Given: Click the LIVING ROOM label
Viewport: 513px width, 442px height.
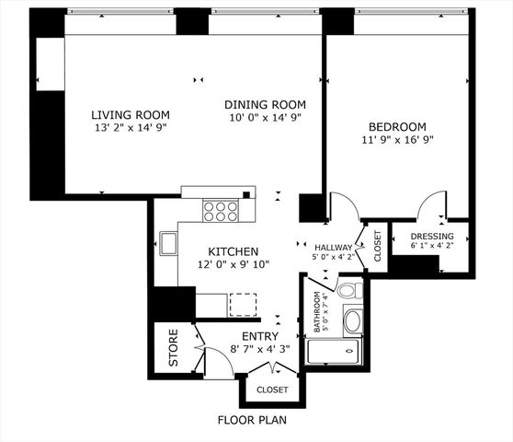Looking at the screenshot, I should tap(130, 115).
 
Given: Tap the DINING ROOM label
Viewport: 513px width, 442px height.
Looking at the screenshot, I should tap(265, 104).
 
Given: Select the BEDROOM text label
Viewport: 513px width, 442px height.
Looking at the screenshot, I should tap(398, 126).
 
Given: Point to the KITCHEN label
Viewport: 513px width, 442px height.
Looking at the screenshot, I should tap(233, 251).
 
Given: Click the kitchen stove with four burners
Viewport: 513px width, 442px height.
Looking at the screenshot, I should tap(220, 212).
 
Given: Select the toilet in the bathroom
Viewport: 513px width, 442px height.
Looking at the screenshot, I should tap(347, 290).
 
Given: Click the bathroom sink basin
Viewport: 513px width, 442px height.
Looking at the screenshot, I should tap(352, 321).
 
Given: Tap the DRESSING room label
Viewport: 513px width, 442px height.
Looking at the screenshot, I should tap(431, 237).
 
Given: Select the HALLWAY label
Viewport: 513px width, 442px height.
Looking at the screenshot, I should tap(333, 248).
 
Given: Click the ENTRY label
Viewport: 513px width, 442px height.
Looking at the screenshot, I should tap(259, 337).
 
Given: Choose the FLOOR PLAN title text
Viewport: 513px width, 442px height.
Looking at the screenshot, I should tap(251, 421).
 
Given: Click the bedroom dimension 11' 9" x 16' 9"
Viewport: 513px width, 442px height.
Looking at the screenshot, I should tap(397, 140).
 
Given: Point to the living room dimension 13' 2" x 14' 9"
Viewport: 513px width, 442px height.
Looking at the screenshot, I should tap(130, 130).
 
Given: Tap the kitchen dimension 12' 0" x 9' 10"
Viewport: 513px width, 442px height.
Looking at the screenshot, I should tap(233, 265).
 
